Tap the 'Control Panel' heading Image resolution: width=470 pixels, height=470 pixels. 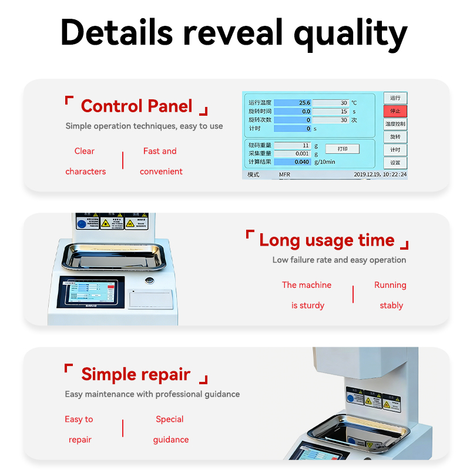[x=136, y=106]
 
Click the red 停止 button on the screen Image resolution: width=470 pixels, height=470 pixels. [x=395, y=111]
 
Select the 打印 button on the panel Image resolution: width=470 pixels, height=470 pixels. [x=342, y=149]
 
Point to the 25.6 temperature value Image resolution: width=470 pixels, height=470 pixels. [x=293, y=103]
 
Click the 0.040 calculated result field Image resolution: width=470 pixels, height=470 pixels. [x=293, y=162]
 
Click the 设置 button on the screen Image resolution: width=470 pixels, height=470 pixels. [x=395, y=163]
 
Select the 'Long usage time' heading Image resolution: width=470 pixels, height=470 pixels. [x=327, y=240]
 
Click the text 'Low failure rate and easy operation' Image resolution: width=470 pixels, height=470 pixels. [x=339, y=260]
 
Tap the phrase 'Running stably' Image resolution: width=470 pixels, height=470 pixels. [x=391, y=295]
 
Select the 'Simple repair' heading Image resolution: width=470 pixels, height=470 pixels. [x=136, y=374]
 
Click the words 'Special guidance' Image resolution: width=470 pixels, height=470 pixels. [x=170, y=429]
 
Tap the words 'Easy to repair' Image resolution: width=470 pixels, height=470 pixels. [x=79, y=429]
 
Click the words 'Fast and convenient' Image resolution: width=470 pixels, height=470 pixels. [x=160, y=161]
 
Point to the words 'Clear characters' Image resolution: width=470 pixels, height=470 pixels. [x=85, y=161]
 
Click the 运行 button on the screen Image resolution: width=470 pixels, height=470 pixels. [x=395, y=98]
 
